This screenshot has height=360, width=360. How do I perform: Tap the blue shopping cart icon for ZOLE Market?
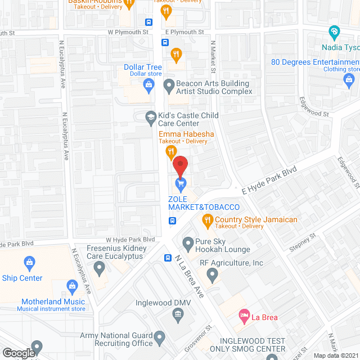pyautogui.click(x=181, y=183)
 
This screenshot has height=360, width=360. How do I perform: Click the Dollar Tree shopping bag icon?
pyautogui.click(x=149, y=85)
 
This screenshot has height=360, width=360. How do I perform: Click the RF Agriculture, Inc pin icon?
pyautogui.click(x=212, y=274)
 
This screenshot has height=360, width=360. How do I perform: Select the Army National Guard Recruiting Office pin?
pyautogui.click(x=160, y=338)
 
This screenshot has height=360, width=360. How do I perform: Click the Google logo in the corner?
pyautogui.click(x=18, y=353)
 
